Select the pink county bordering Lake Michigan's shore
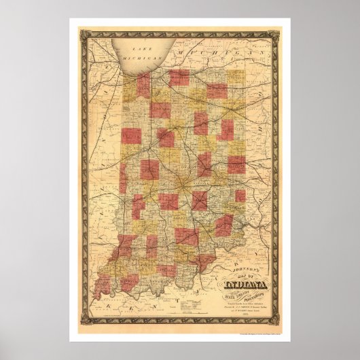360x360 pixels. (144, 86)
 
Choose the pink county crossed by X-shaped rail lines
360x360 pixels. (200, 200)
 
